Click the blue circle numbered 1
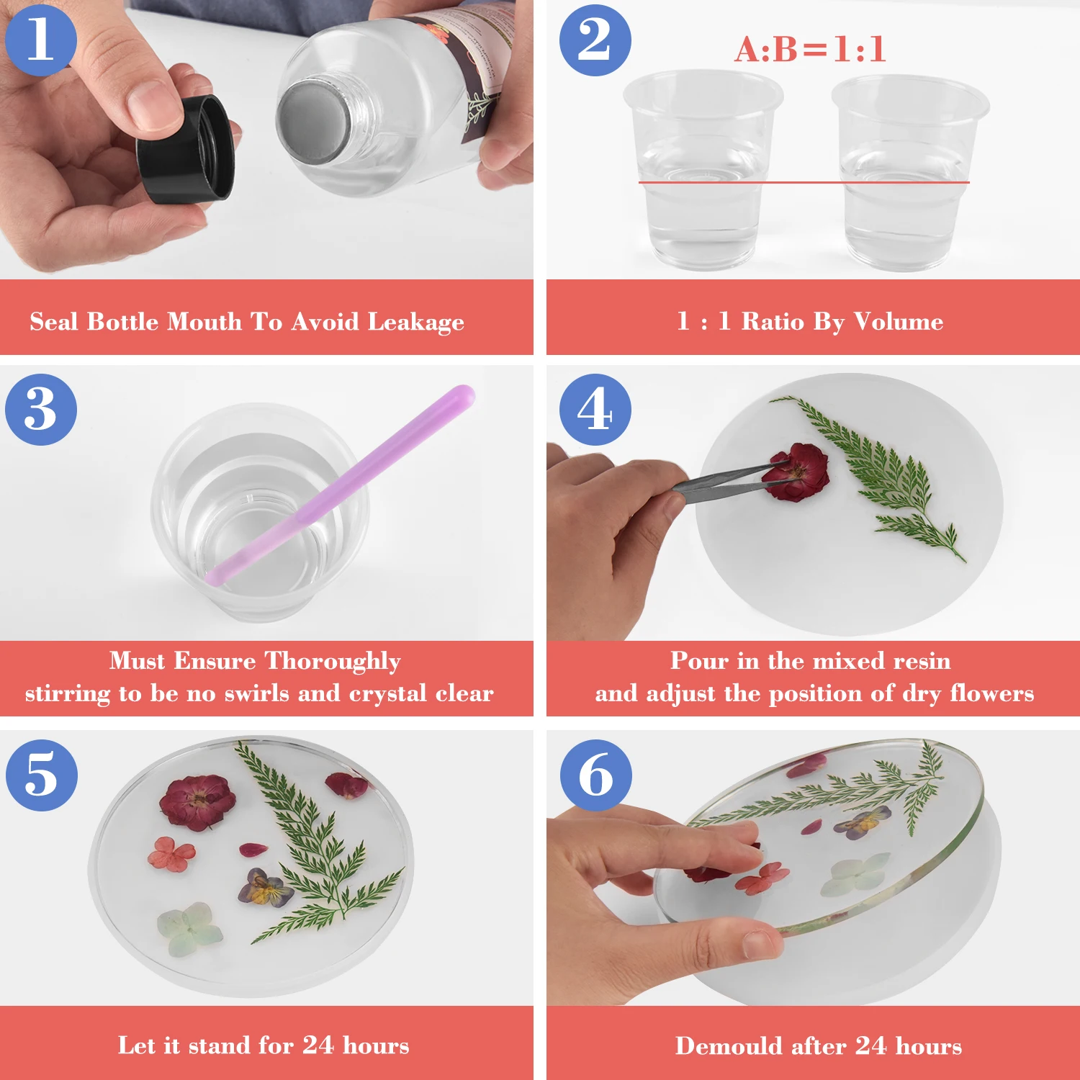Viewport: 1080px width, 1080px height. click(x=40, y=40)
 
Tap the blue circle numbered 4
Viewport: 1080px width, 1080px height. click(x=595, y=410)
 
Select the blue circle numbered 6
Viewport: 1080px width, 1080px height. click(x=596, y=775)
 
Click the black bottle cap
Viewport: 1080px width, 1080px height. click(x=186, y=148)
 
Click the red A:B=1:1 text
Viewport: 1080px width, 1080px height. click(x=810, y=50)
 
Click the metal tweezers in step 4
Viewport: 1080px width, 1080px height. click(x=727, y=480)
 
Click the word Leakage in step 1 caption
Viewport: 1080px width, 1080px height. click(x=415, y=322)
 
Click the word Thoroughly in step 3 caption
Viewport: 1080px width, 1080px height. click(x=333, y=661)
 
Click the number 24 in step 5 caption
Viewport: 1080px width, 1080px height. click(x=318, y=1045)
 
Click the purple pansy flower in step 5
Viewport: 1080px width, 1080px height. click(x=266, y=888)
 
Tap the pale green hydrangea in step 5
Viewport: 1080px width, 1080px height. click(x=189, y=929)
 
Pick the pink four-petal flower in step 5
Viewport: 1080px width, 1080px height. click(x=171, y=853)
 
